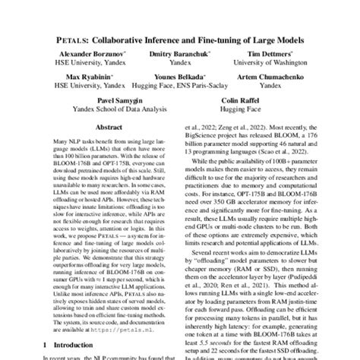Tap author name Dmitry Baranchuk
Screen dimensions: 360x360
click(x=181, y=54)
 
